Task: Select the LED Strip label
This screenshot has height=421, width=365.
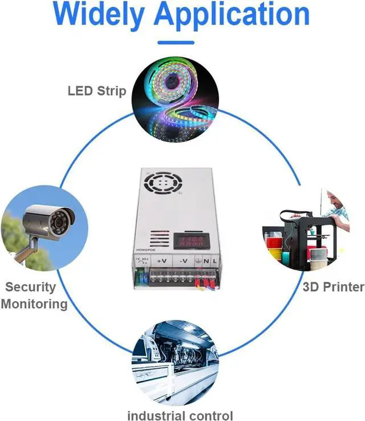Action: click(96, 90)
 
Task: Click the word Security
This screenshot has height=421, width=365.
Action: click(31, 287)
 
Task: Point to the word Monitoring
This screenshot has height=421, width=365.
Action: click(34, 303)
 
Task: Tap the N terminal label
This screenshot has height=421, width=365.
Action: click(208, 262)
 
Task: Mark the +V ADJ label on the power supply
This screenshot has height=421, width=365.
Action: click(141, 258)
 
